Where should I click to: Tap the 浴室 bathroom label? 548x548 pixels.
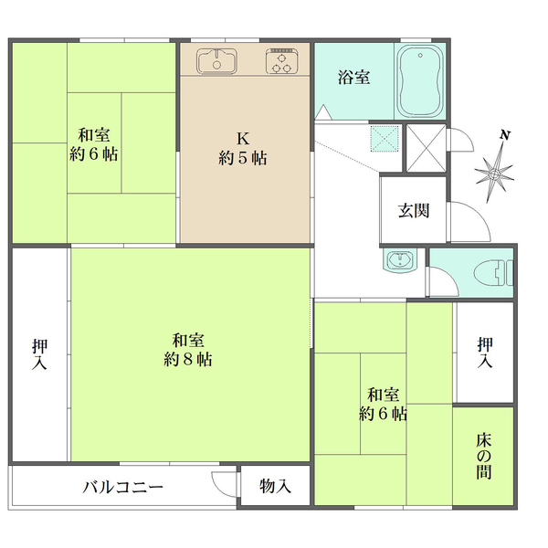[x=354, y=78]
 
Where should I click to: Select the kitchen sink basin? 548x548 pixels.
[x=216, y=61]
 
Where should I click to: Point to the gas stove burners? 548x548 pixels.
[x=284, y=62]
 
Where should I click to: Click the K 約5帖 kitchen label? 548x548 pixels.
[x=243, y=149]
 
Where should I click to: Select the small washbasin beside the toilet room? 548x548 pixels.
[x=398, y=262]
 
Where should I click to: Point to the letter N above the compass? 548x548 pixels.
[x=504, y=136]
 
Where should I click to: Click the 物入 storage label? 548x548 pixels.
[x=275, y=486]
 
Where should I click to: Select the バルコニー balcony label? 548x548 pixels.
[x=122, y=486]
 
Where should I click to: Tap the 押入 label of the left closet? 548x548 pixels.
[x=40, y=355]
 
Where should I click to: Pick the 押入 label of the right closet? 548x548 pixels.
[x=484, y=353]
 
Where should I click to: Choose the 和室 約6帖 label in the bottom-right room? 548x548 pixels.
[x=384, y=405]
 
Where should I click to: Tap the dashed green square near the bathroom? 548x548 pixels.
[x=384, y=139]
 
